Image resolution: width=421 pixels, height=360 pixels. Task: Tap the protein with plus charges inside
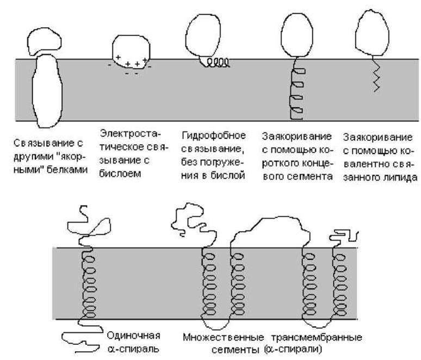click(x=130, y=54)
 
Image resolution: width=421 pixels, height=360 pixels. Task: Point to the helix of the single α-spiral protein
click(x=86, y=283)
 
